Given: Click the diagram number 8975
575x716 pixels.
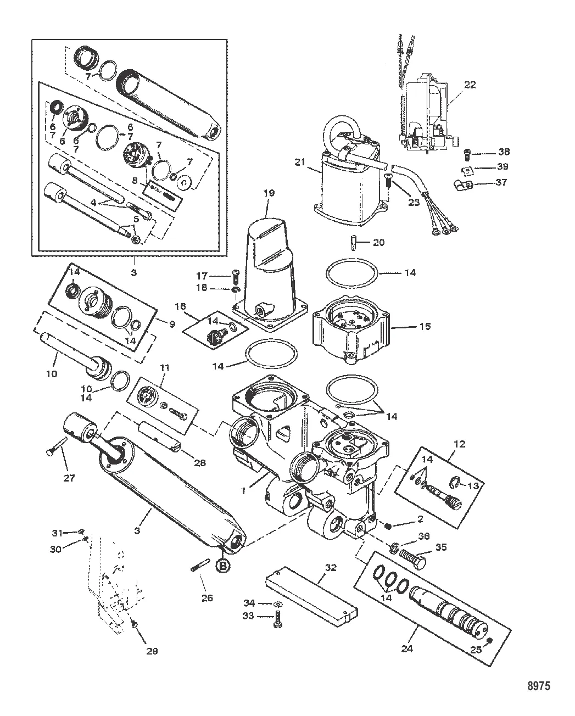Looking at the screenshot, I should coord(539,685).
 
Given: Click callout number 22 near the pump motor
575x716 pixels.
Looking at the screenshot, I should coord(469,85).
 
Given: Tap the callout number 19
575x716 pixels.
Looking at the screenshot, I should coord(269,193).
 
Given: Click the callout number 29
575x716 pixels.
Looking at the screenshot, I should coord(152,651).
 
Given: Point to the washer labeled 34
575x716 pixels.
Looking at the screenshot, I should coord(278,605).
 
